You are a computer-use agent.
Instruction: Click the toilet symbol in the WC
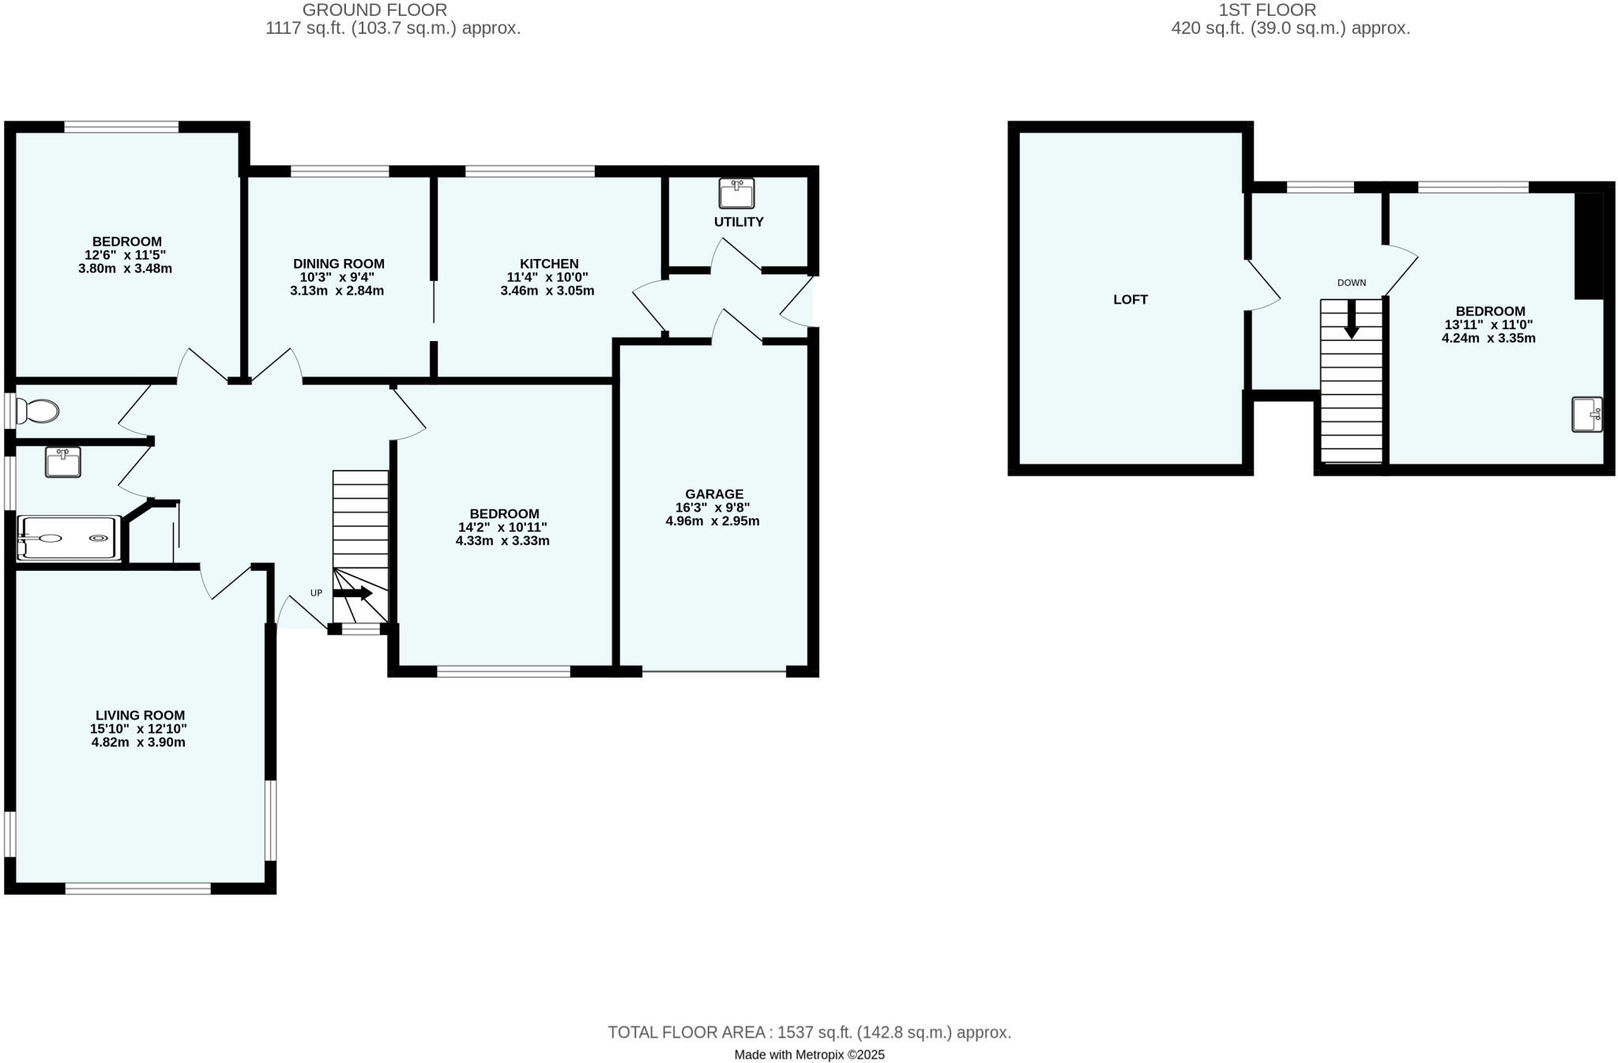pos(38,411)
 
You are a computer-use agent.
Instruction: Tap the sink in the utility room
pos(736,193)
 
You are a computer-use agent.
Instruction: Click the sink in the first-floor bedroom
pos(1586,415)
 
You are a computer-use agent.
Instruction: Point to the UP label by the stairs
pos(316,593)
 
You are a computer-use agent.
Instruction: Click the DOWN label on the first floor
pos(1351,283)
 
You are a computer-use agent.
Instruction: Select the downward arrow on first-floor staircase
pos(1352,320)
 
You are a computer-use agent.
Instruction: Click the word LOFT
pos(1130,299)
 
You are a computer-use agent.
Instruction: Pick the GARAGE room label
pos(714,494)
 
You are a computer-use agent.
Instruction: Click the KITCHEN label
pos(548,264)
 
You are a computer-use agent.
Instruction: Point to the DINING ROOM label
pos(338,264)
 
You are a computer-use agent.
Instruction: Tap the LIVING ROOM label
pos(140,716)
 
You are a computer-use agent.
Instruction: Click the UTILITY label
pos(739,222)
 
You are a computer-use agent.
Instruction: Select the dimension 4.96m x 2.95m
pos(713,521)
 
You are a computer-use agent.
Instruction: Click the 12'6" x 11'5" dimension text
pos(126,255)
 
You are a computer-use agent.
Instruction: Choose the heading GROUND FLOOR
pos(374,10)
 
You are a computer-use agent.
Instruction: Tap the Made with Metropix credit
pos(809,1054)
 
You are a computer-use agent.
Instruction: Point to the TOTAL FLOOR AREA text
pos(809,1032)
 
